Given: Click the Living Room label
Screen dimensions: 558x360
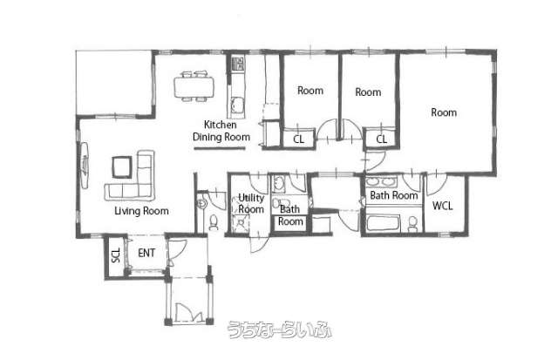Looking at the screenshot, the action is [141, 211].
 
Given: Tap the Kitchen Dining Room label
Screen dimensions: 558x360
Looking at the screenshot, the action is [221, 131].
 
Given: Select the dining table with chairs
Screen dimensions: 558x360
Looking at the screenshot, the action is [194, 86].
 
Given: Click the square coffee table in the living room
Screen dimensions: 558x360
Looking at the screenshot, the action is [122, 166].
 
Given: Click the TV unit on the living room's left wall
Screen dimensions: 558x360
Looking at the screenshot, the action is [85, 166].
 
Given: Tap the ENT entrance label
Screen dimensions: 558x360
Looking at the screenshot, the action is [146, 253].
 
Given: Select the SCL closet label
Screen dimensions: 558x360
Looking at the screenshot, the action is [116, 255].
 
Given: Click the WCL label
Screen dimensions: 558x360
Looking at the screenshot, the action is [443, 206].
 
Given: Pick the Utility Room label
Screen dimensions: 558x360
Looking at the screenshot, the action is [251, 203].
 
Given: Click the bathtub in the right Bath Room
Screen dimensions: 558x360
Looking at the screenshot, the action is [384, 223].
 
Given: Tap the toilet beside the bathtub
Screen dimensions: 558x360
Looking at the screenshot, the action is [412, 224].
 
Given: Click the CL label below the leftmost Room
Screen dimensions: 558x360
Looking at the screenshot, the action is [298, 139].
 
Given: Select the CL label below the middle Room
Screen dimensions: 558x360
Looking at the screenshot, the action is [382, 139].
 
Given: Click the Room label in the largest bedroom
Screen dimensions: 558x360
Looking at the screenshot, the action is [444, 112].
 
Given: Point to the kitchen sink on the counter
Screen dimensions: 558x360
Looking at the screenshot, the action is [236, 105].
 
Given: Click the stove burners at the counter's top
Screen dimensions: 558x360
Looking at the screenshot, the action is [237, 64].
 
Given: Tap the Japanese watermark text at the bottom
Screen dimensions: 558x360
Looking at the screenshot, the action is [280, 329].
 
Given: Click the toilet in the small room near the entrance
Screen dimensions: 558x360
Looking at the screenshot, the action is [214, 222].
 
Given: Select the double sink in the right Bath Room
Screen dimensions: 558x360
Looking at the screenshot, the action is [382, 182].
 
